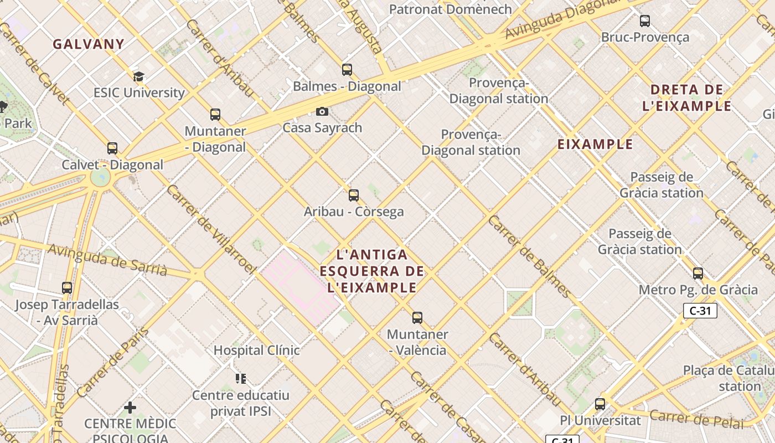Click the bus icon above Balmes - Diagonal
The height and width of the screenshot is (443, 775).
point(347,70)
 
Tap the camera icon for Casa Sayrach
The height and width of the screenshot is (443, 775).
point(322,112)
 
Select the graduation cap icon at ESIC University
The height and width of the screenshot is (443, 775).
point(138,76)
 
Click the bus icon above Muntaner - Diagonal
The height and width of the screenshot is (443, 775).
point(215,115)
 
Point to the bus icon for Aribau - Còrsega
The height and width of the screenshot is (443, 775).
point(354,195)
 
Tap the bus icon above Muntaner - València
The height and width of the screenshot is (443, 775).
point(417,318)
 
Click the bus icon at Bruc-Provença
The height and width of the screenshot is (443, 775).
point(645,21)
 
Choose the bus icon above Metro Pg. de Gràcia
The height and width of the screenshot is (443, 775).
point(698,273)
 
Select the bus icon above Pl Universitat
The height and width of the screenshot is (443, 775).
point(600,404)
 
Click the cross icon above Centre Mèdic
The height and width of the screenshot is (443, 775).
point(130,408)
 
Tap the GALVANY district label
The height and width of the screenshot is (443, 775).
point(89,44)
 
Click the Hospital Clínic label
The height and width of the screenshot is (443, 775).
point(256,351)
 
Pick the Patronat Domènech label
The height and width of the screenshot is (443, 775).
point(450,9)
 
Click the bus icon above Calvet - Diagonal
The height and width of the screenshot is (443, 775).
point(112,148)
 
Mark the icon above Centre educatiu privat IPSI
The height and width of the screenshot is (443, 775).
point(241,379)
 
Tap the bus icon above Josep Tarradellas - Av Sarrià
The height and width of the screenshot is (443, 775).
point(67,288)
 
